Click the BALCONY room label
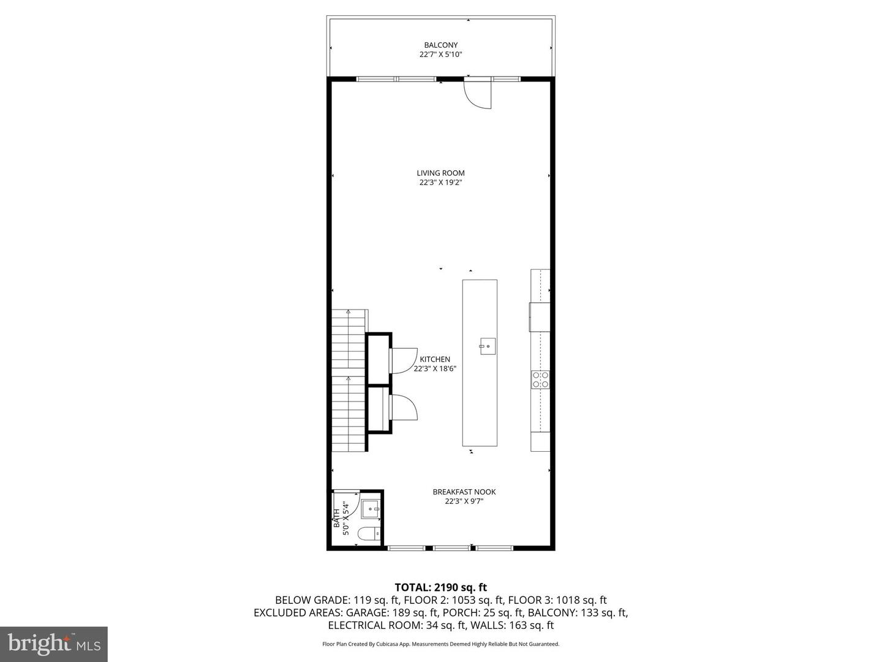point(440,45)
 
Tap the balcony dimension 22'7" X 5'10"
point(440,55)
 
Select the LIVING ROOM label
point(440,173)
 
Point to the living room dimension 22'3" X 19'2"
point(440,183)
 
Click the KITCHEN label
point(435,359)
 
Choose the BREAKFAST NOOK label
point(464,492)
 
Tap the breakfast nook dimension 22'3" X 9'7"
point(464,501)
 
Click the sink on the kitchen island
point(487,346)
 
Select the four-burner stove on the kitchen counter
point(540,379)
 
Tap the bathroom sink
point(371,509)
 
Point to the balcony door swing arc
point(478,95)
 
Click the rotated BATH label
point(336,519)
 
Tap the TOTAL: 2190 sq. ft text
point(440,587)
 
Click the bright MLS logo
point(54,644)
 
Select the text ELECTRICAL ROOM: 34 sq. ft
point(397,625)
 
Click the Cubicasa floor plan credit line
point(440,644)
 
